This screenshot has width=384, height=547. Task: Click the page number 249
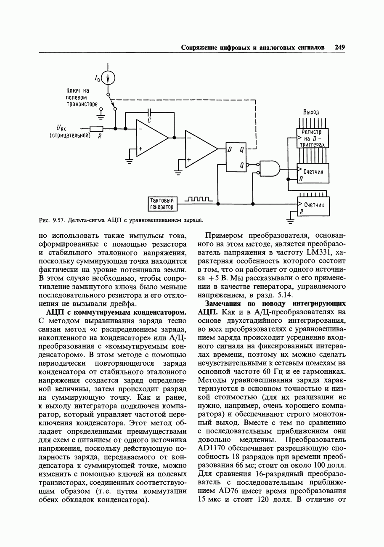340,48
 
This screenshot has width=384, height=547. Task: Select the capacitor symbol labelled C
150,112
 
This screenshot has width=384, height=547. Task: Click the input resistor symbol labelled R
97,128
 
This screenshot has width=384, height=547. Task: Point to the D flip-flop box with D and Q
236,157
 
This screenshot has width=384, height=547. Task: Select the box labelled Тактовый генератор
162,204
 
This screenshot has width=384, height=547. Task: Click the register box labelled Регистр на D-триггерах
312,138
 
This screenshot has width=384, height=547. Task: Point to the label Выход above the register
311,112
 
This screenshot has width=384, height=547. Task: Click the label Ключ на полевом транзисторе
82,97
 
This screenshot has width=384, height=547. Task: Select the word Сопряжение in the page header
199,48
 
